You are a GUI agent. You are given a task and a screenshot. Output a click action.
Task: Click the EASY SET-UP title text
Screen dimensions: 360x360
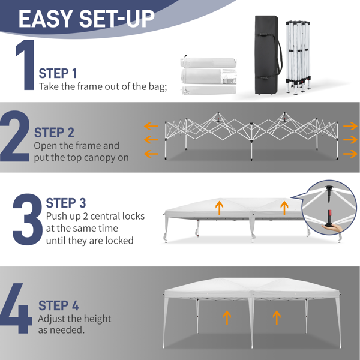point(86,19)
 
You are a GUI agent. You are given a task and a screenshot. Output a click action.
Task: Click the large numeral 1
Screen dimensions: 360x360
point(26,65)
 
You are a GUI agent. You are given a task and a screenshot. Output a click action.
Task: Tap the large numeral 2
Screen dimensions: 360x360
point(14,136)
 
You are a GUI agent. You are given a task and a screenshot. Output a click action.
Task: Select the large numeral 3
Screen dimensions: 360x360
point(28,219)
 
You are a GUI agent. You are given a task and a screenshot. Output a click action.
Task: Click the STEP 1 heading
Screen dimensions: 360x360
point(58,73)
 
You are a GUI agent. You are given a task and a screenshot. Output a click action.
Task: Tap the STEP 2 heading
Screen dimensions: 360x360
point(54,133)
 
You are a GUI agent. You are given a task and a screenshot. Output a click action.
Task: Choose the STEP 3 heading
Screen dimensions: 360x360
point(66,203)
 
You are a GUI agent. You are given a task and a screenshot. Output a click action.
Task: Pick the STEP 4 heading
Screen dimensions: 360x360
point(59,305)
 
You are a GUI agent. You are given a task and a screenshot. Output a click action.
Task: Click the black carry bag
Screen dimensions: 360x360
point(267,55)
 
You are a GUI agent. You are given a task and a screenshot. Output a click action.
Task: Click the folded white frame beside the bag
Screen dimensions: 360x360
point(298,58)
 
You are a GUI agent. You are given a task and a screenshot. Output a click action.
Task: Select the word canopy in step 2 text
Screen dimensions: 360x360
point(101,158)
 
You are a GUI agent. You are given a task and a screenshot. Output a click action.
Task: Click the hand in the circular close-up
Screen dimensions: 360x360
point(332,228)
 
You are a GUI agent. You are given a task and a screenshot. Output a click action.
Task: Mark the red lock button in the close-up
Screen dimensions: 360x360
point(329,213)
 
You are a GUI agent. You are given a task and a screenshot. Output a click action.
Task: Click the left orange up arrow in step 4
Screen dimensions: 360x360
point(227,317)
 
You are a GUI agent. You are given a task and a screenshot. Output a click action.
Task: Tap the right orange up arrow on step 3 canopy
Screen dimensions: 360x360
point(284,208)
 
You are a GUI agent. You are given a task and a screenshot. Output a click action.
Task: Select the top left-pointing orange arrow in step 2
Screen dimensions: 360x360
point(151,126)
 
